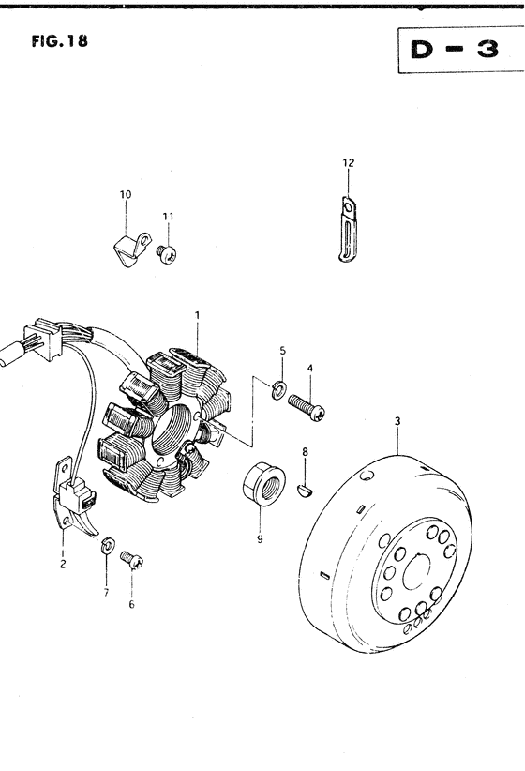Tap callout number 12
[x=348, y=163]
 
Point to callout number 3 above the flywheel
[x=397, y=421]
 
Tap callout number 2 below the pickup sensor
[x=62, y=566]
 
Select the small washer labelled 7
[x=108, y=544]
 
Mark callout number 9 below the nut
[x=259, y=539]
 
